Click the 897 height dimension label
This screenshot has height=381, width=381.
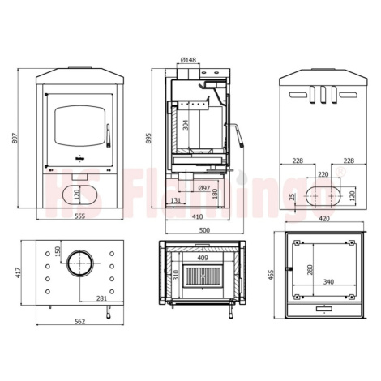[x=15, y=138]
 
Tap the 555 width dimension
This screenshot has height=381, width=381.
[x=80, y=216]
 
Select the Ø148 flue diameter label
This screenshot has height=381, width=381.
[x=188, y=60]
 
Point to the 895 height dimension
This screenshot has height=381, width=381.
[x=148, y=138]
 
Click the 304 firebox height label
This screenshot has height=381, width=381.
[x=186, y=125]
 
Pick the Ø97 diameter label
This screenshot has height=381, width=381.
[x=204, y=188]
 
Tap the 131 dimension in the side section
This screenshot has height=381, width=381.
[x=176, y=200]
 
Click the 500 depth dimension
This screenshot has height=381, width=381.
[x=204, y=230]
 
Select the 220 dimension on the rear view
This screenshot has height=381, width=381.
[x=323, y=174]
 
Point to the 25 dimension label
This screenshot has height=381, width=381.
[x=292, y=197]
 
